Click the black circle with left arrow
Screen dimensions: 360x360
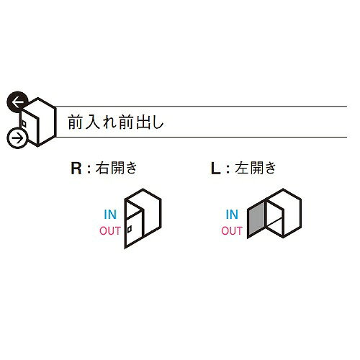click(17, 102)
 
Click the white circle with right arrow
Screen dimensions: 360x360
click(18, 138)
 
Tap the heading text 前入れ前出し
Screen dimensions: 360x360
click(116, 122)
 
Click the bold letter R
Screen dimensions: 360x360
click(76, 168)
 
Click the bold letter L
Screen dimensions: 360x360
click(215, 168)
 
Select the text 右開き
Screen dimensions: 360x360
click(116, 168)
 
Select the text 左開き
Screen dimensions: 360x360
click(256, 168)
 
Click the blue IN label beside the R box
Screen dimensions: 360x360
click(110, 215)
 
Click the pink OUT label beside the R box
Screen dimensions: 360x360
click(110, 230)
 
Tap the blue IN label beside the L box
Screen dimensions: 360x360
click(232, 215)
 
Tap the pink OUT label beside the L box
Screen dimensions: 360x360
click(232, 230)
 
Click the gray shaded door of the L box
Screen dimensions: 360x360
click(256, 220)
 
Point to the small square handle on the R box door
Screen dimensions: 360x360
click(130, 230)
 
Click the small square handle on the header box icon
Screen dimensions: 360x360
click(24, 123)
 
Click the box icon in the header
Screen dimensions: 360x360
click(38, 122)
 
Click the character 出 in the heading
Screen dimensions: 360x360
click(143, 122)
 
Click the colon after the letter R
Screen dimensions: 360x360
click(89, 169)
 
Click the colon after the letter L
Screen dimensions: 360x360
click(228, 169)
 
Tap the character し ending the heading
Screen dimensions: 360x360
click(158, 122)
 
